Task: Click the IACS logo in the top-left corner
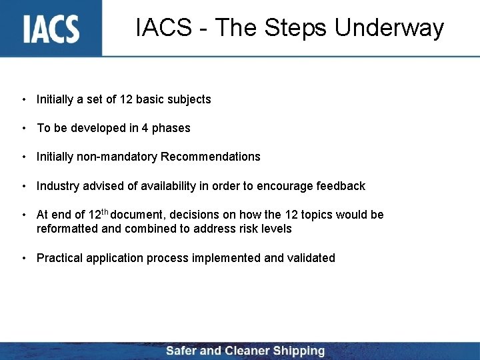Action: pyautogui.click(x=51, y=28)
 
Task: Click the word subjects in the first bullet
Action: pyautogui.click(x=189, y=100)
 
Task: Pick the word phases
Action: pyautogui.click(x=169, y=128)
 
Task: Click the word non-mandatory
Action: pyautogui.click(x=117, y=157)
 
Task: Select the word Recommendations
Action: pyautogui.click(x=211, y=157)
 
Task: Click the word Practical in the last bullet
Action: pyautogui.click(x=59, y=258)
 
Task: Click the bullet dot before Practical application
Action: pyautogui.click(x=23, y=258)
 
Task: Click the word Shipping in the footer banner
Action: pyautogui.click(x=297, y=351)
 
